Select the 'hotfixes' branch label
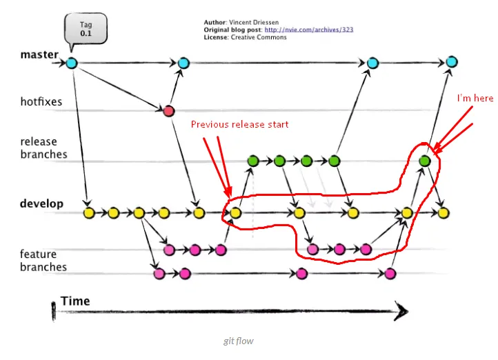(41, 102)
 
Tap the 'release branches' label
(43, 148)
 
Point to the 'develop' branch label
(41, 204)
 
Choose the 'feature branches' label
(43, 261)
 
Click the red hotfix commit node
(168, 110)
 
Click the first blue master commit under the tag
(72, 64)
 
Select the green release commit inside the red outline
(425, 161)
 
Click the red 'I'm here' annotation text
(475, 99)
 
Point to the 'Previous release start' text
(239, 125)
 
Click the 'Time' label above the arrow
(75, 301)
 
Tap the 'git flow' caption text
(238, 341)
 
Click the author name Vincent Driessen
(257, 23)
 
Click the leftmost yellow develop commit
(88, 213)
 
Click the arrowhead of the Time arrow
(400, 312)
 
